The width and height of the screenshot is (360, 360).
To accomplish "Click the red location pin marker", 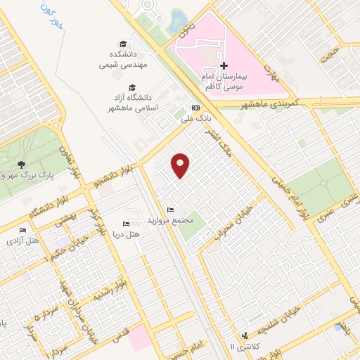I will point(181,165).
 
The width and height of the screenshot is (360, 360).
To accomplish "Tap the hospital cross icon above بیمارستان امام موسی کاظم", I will point(224,65).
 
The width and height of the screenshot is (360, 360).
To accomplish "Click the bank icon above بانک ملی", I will point(195,108).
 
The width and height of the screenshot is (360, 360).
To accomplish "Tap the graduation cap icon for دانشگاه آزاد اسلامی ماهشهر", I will point(123,86).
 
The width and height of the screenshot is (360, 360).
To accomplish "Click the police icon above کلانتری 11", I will point(245,335).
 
